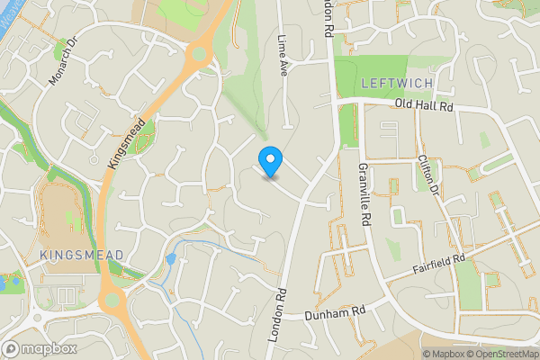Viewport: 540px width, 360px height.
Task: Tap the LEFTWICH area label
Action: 397,83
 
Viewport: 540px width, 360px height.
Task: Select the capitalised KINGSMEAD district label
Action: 81,256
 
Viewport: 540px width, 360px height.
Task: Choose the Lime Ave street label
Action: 283,55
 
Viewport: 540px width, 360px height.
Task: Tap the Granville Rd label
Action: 365,194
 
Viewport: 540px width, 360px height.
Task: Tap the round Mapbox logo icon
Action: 12,348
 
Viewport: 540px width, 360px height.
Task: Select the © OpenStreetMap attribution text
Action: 503,354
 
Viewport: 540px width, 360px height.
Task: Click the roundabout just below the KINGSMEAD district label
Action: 112,298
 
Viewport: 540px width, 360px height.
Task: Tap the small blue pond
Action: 171,259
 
